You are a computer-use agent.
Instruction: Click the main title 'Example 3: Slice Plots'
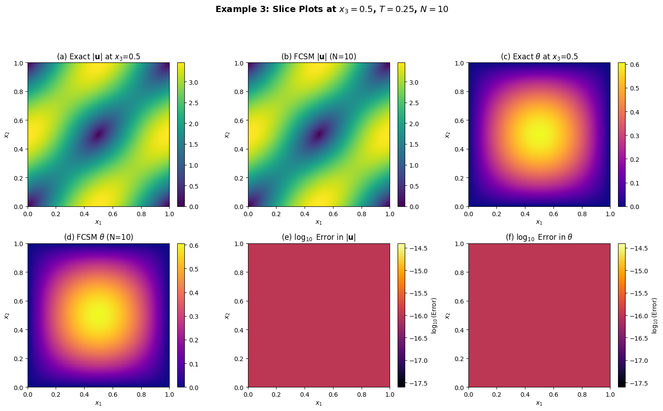point(332,9)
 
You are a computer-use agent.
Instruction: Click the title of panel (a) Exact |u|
point(98,57)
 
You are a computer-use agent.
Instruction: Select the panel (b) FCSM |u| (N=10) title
point(319,57)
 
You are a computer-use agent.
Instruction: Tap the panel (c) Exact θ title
point(539,57)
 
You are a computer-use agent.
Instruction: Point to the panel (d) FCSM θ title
point(98,237)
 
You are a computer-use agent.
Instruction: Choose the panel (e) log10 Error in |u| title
point(319,237)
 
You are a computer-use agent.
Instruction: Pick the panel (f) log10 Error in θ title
point(539,237)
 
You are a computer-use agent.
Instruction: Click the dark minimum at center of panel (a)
point(98,134)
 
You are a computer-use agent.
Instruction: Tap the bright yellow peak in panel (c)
point(539,135)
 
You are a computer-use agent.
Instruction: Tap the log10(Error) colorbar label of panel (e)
point(435,315)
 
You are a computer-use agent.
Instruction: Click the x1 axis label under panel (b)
point(319,222)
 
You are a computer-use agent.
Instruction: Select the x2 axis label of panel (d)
point(7,316)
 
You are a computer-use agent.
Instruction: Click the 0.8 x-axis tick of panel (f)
point(582,395)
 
